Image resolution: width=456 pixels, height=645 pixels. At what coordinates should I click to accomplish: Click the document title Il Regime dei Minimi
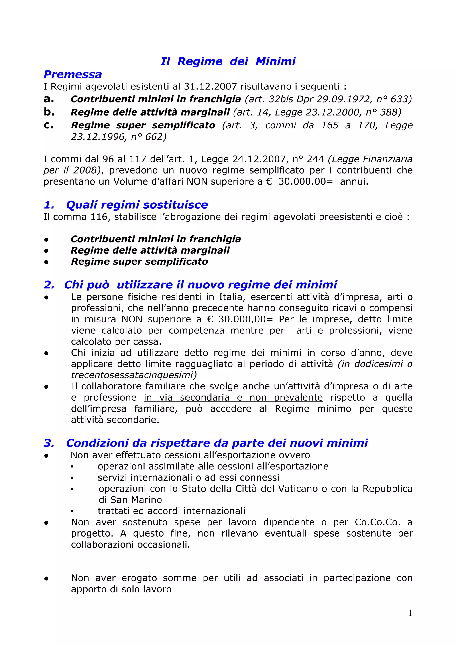click(228, 61)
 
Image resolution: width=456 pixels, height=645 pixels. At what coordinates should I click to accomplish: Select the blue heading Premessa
click(73, 74)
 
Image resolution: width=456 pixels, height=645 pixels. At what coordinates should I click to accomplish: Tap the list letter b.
click(49, 112)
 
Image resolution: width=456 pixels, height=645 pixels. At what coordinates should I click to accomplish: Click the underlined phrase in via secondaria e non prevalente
click(233, 398)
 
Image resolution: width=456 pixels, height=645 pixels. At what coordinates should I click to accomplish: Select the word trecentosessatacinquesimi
click(134, 375)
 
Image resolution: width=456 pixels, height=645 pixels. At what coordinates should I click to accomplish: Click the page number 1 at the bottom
click(410, 613)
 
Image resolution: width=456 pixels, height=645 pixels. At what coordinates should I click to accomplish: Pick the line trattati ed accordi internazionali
click(171, 511)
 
